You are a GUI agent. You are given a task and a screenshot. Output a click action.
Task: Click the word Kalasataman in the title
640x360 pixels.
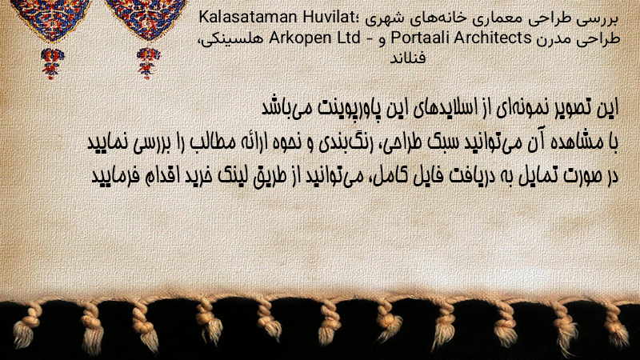[248, 18]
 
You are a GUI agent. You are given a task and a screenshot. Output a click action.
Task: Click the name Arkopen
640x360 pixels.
[300, 38]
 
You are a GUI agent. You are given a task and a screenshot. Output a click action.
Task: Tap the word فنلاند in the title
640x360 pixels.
[408, 58]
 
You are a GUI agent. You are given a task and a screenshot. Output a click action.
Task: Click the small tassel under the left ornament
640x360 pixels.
[52, 64]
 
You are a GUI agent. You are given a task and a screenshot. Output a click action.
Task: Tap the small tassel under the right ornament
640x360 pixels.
[148, 63]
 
